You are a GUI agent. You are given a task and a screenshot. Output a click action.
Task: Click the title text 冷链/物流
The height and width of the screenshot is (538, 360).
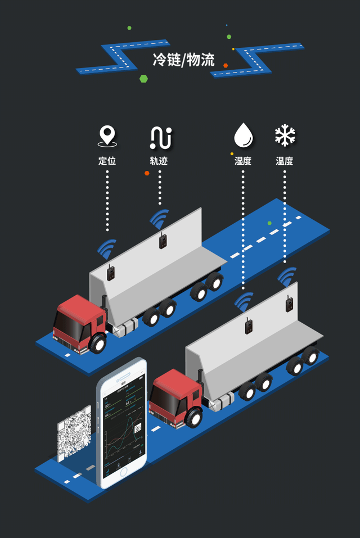(183, 60)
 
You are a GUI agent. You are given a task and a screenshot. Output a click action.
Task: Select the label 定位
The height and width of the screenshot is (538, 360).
(107, 161)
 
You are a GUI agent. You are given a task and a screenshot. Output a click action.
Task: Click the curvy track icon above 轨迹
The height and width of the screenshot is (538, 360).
(160, 137)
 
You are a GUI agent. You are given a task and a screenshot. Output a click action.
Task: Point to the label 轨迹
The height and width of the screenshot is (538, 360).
(159, 161)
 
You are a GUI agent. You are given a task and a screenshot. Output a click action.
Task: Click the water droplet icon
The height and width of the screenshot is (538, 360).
(243, 135)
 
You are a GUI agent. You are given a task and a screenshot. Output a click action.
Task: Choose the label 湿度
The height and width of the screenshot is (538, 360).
(243, 161)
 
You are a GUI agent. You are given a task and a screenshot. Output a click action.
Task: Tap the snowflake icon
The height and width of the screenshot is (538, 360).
(285, 135)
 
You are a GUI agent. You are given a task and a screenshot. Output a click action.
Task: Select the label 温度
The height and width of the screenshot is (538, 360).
(285, 161)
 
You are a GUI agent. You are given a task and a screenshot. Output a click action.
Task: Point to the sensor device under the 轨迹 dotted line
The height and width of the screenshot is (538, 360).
(163, 240)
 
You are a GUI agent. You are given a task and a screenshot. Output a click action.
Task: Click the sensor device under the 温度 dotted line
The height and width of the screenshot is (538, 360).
(290, 304)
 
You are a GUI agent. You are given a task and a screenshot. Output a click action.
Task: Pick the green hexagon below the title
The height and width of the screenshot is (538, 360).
(143, 79)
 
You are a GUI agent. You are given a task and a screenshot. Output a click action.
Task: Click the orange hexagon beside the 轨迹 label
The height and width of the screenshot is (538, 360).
(147, 173)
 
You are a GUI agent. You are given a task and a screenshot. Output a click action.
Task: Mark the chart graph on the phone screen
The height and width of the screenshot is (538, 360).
(121, 438)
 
